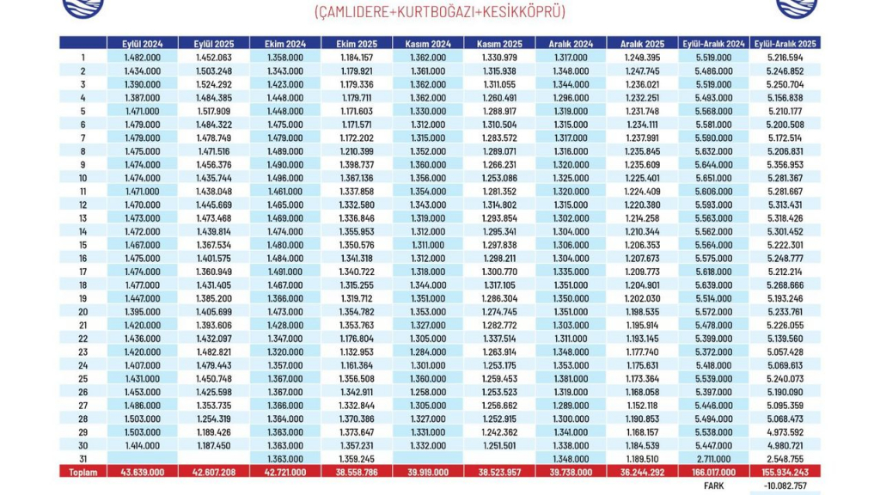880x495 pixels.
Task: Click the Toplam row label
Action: pyautogui.click(x=82, y=472)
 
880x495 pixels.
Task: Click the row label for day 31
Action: pyautogui.click(x=82, y=459)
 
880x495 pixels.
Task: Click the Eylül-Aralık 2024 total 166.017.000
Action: pyautogui.click(x=713, y=472)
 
